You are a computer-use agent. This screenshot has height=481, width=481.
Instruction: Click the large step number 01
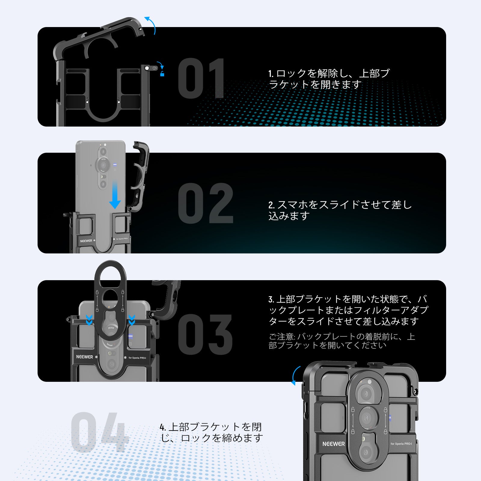[x=201, y=79]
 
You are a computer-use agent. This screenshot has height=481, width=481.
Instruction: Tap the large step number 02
[x=206, y=204]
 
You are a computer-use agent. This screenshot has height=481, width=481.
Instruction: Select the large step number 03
[x=206, y=334]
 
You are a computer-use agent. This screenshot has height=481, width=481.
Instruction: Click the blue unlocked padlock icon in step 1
[x=162, y=74]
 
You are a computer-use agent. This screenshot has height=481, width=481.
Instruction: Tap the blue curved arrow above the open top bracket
[x=151, y=25]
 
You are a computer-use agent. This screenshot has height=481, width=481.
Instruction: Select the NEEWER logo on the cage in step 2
[x=86, y=241]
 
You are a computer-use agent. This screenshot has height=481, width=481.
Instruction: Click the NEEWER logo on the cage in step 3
[x=84, y=357]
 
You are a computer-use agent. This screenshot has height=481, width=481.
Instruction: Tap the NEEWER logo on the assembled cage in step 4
[x=333, y=444]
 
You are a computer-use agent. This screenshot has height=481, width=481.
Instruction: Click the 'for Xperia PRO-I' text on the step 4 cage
[x=401, y=444]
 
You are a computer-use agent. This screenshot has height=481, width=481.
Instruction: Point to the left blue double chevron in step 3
[x=89, y=320]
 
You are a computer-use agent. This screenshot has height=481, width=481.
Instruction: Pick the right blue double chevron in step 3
[x=132, y=320]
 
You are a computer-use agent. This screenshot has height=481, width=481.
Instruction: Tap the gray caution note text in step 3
[x=341, y=341]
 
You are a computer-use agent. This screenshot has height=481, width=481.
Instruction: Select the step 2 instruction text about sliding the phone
[x=340, y=210]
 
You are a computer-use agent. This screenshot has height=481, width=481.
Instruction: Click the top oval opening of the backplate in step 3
[x=110, y=277]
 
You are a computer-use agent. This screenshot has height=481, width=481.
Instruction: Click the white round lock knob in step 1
[x=147, y=68]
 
